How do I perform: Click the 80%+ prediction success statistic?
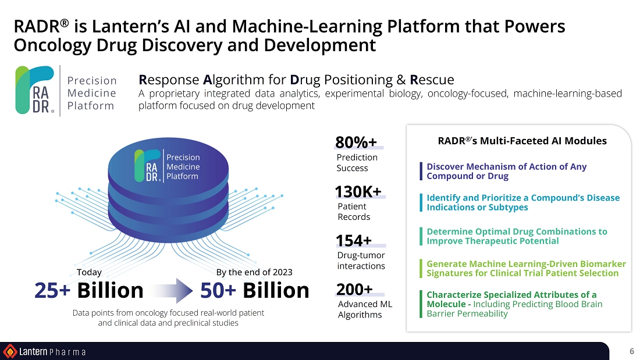(x=356, y=142)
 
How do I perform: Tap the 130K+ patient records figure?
(x=358, y=192)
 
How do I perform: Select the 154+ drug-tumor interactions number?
(x=354, y=241)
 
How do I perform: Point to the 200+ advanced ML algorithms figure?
(x=354, y=290)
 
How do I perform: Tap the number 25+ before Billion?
(x=52, y=290)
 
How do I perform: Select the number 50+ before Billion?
(x=218, y=290)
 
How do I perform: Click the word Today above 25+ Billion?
(x=89, y=272)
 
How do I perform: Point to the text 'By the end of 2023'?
(x=254, y=272)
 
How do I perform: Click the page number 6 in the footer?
(x=631, y=351)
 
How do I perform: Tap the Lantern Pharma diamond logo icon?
(x=10, y=351)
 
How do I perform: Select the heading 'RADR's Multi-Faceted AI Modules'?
(x=522, y=141)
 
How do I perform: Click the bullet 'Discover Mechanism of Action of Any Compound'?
(x=506, y=171)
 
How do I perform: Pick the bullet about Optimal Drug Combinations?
(x=517, y=236)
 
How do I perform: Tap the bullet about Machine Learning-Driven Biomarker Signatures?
(x=526, y=269)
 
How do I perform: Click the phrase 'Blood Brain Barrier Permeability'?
(x=514, y=309)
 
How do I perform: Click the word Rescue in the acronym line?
(x=432, y=80)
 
